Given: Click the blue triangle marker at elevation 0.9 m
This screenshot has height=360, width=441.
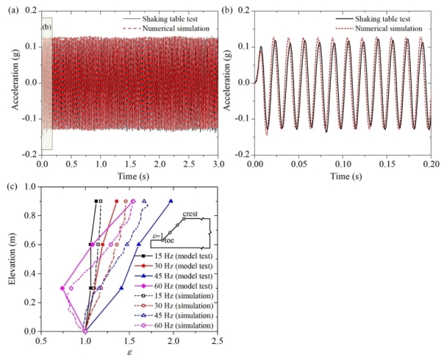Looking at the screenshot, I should [x=171, y=201].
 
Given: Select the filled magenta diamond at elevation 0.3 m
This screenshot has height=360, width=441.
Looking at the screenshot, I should [x=62, y=288].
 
